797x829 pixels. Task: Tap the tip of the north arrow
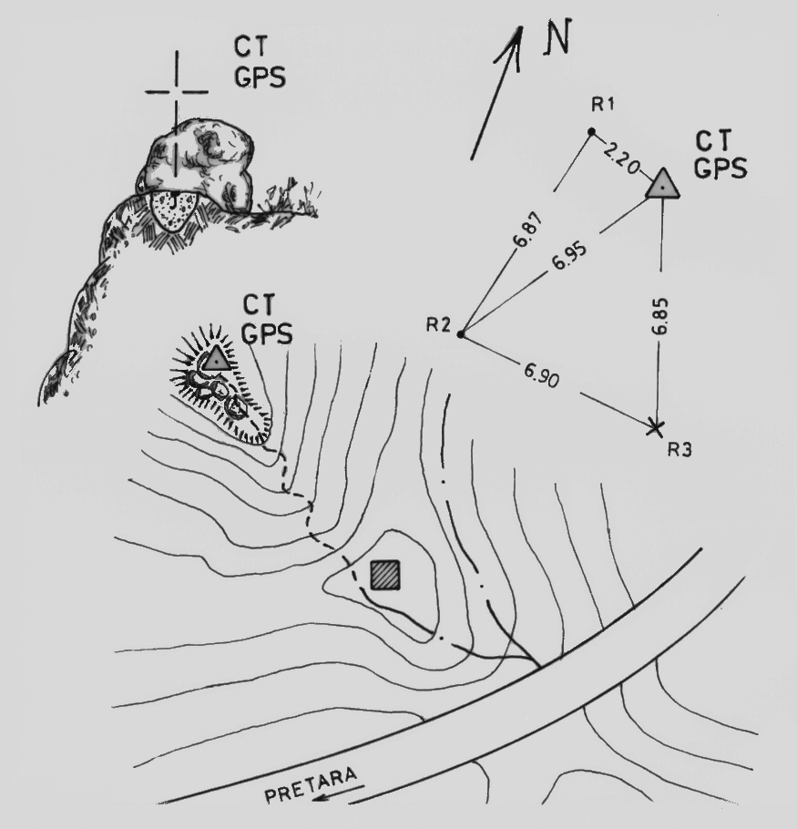[x=520, y=27]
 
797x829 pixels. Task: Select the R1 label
[x=602, y=105]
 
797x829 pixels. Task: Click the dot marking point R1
[x=591, y=132]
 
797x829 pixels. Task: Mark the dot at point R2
[x=461, y=334]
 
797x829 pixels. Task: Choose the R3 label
[x=679, y=448]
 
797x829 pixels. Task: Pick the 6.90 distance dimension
[x=543, y=374]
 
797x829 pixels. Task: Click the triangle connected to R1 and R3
[x=663, y=184]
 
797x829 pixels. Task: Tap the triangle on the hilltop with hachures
[x=215, y=358]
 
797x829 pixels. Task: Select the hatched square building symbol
[x=384, y=574]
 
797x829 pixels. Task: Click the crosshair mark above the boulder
[x=176, y=91]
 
